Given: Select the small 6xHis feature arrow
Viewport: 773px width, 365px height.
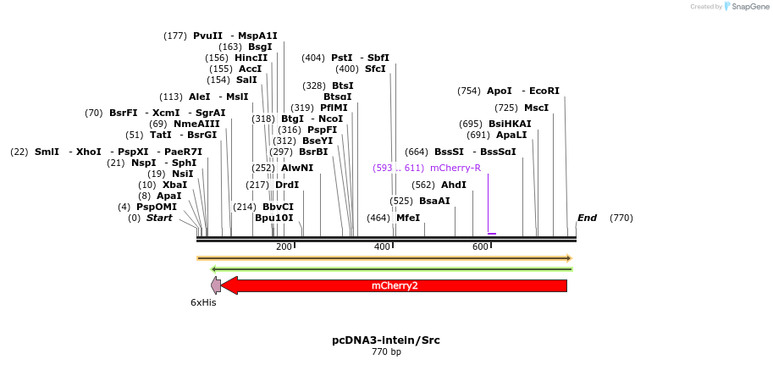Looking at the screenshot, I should coord(216,285).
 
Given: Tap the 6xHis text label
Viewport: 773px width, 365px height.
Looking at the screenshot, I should coord(203,302).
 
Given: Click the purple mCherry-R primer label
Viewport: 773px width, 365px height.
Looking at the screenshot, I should coord(456,168).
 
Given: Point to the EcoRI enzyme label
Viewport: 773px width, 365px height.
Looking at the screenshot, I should coord(544,91).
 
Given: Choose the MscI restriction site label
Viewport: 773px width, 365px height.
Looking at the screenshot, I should coord(536,108).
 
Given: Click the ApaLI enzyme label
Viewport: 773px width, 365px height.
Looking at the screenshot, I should coord(511,135).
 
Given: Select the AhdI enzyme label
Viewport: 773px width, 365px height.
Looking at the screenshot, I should coord(454,185).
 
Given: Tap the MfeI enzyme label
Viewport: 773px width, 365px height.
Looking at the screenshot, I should coord(408,218).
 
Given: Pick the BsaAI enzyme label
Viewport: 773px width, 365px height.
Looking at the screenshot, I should coord(434,201).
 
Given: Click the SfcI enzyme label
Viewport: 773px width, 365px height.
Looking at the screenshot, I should coord(375,69).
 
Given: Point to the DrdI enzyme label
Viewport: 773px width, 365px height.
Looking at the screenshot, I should coord(287,185).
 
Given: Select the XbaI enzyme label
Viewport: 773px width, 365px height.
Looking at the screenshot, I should coord(174,185).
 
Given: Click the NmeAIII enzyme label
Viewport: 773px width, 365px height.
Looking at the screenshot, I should coord(196,124).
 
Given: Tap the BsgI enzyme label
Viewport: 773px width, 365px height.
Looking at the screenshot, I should coord(261,47).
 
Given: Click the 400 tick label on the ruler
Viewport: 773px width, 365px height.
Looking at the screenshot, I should coord(382,246).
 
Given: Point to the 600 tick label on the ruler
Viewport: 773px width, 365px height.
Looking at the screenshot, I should coord(480,246).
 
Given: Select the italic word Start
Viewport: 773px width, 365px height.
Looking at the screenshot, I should coord(159,218).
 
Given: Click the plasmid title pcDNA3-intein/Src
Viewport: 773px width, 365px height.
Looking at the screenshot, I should coord(386,340).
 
